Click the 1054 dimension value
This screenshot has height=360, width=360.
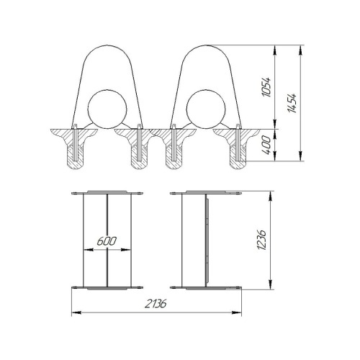pyautogui.click(x=266, y=87)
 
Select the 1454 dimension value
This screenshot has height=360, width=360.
pyautogui.click(x=292, y=103)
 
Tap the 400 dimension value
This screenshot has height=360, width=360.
pyautogui.click(x=266, y=145)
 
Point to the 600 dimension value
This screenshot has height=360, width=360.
pyautogui.click(x=107, y=241)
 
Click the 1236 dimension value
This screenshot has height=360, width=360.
pyautogui.click(x=261, y=240)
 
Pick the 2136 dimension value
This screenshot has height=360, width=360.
pyautogui.click(x=156, y=304)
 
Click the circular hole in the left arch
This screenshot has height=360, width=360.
pyautogui.click(x=107, y=109)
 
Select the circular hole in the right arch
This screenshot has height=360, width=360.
pyautogui.click(x=206, y=109)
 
